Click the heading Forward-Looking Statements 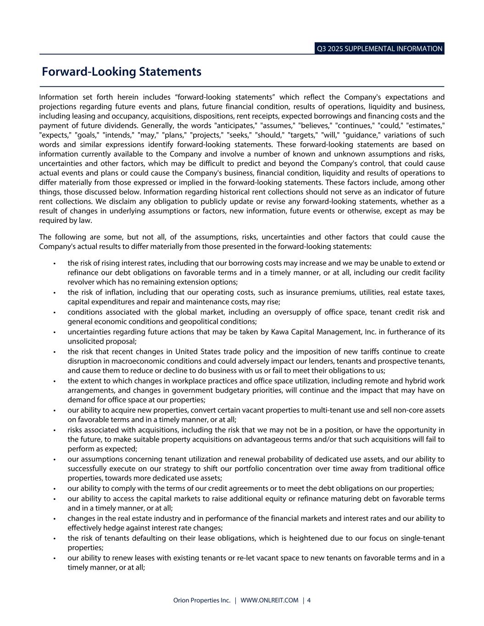point(122,72)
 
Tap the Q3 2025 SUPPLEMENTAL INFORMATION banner point(379,49)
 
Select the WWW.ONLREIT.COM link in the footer point(269,600)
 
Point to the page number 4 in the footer point(309,600)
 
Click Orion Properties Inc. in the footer point(202,600)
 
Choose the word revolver point(81,282)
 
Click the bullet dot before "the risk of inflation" point(54,293)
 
